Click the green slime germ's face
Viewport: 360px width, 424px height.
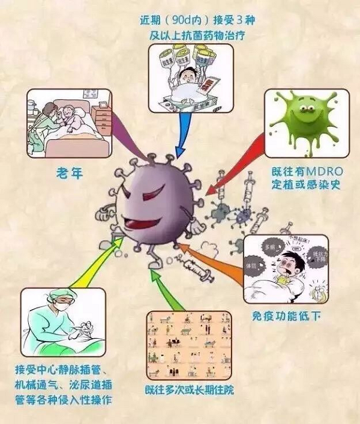pyautogui.click(x=307, y=112)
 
